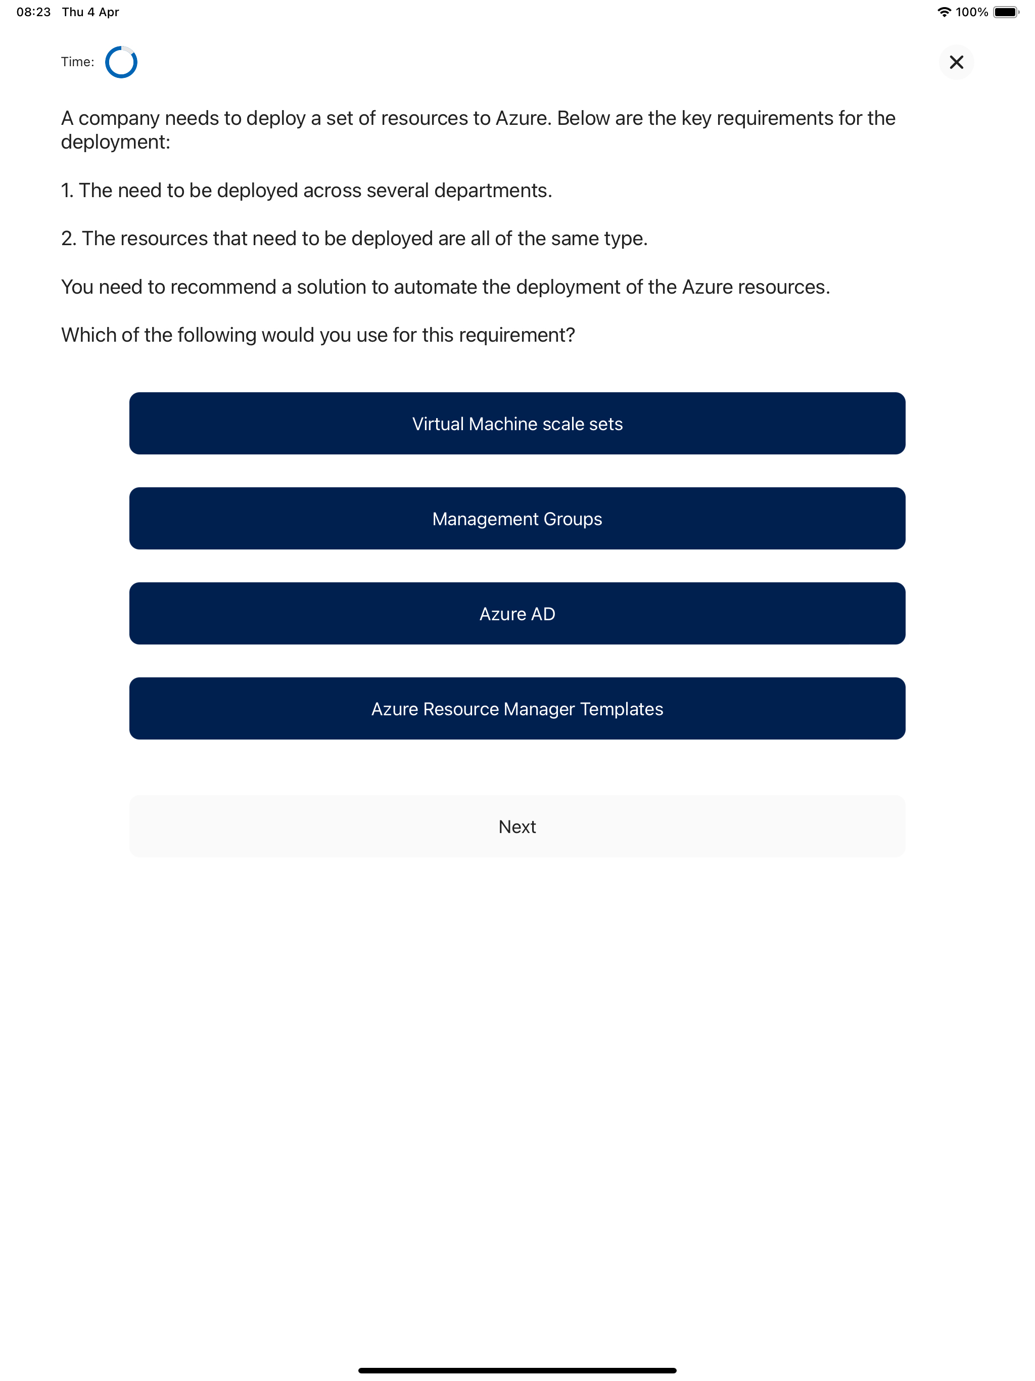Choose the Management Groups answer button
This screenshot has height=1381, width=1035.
click(x=517, y=518)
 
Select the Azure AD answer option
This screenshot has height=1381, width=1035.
click(x=517, y=613)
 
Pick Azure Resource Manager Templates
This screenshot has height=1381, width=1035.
click(x=517, y=708)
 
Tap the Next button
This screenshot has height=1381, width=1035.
click(x=517, y=826)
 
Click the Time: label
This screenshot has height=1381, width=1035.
click(x=77, y=62)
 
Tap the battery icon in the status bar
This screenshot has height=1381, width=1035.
click(x=1005, y=12)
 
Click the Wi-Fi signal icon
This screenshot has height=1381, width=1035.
click(x=944, y=12)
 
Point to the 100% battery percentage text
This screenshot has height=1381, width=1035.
click(x=971, y=12)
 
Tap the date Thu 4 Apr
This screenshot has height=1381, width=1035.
click(x=90, y=12)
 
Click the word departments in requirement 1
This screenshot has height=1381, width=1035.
click(x=493, y=191)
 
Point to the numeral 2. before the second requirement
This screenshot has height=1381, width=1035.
click(x=69, y=239)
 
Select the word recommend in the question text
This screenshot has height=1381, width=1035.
click(x=223, y=287)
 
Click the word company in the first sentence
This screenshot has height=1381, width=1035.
click(x=119, y=119)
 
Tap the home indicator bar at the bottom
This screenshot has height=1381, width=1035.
click(x=517, y=1370)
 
